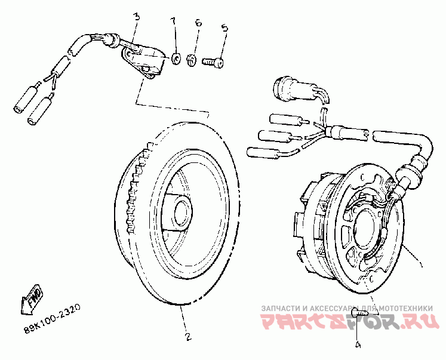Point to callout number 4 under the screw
coord(358,344)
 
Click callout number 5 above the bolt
coord(224,28)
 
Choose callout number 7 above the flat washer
coord(174,22)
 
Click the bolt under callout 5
coord(212,60)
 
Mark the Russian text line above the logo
coord(346,308)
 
